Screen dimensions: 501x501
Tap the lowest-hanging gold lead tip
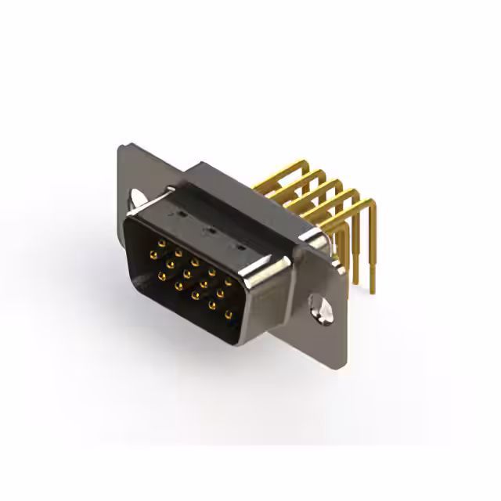tap(372, 290)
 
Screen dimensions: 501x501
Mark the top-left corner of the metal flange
tap(120, 146)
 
